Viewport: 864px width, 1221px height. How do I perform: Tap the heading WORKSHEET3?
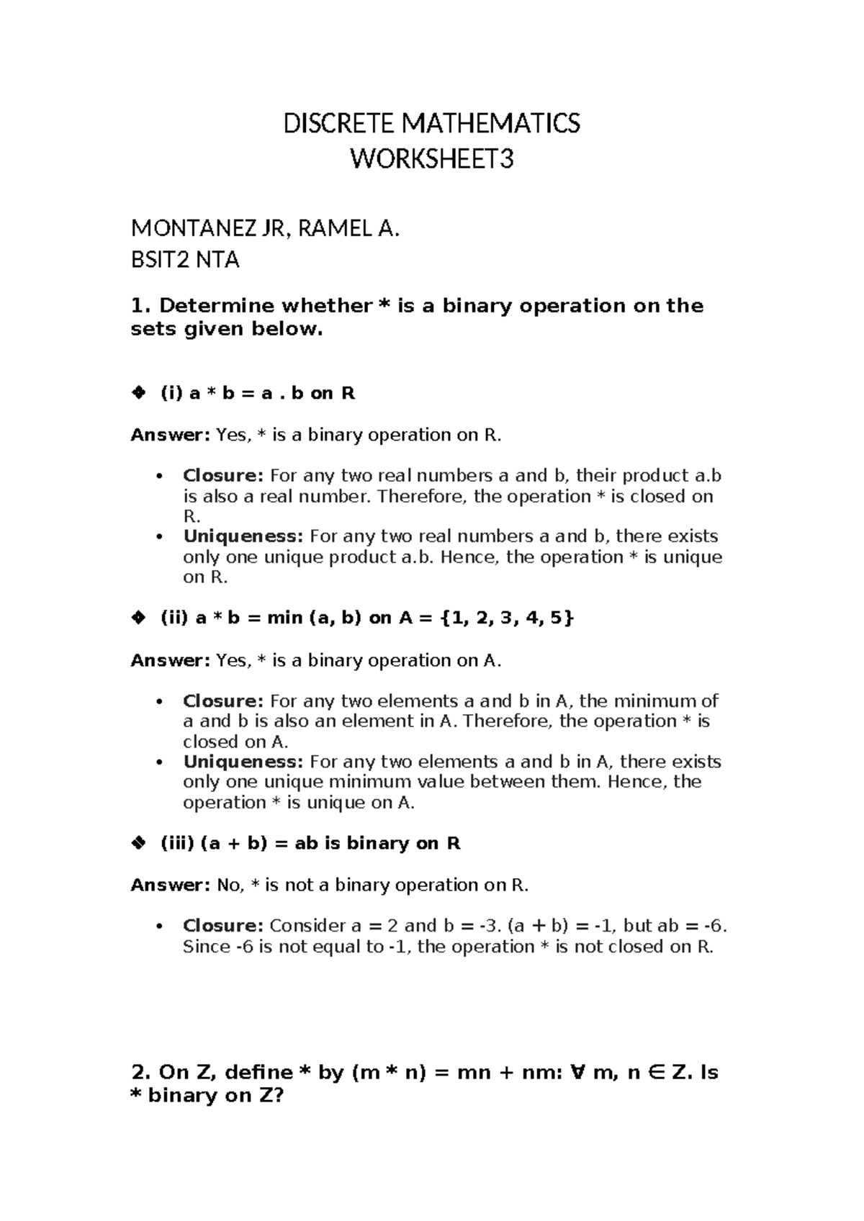tap(431, 159)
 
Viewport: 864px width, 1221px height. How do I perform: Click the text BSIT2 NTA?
tap(184, 259)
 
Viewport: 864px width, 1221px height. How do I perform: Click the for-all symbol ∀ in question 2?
tap(575, 1073)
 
